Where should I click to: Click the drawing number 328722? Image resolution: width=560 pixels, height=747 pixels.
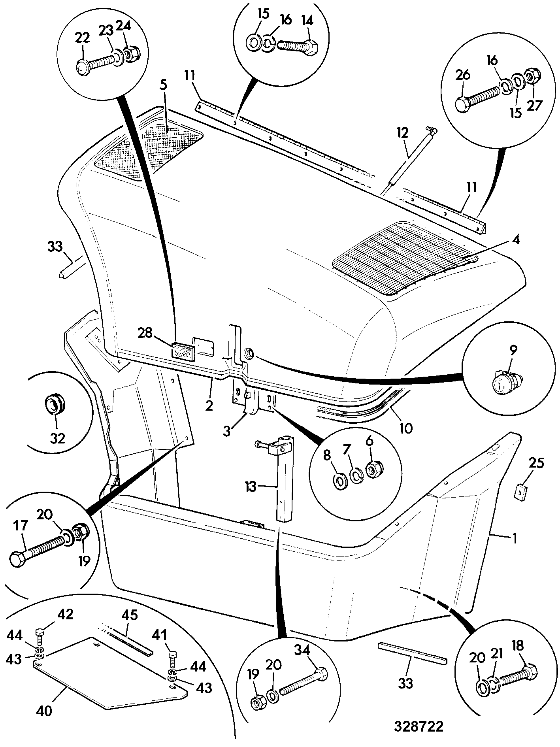point(419,726)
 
